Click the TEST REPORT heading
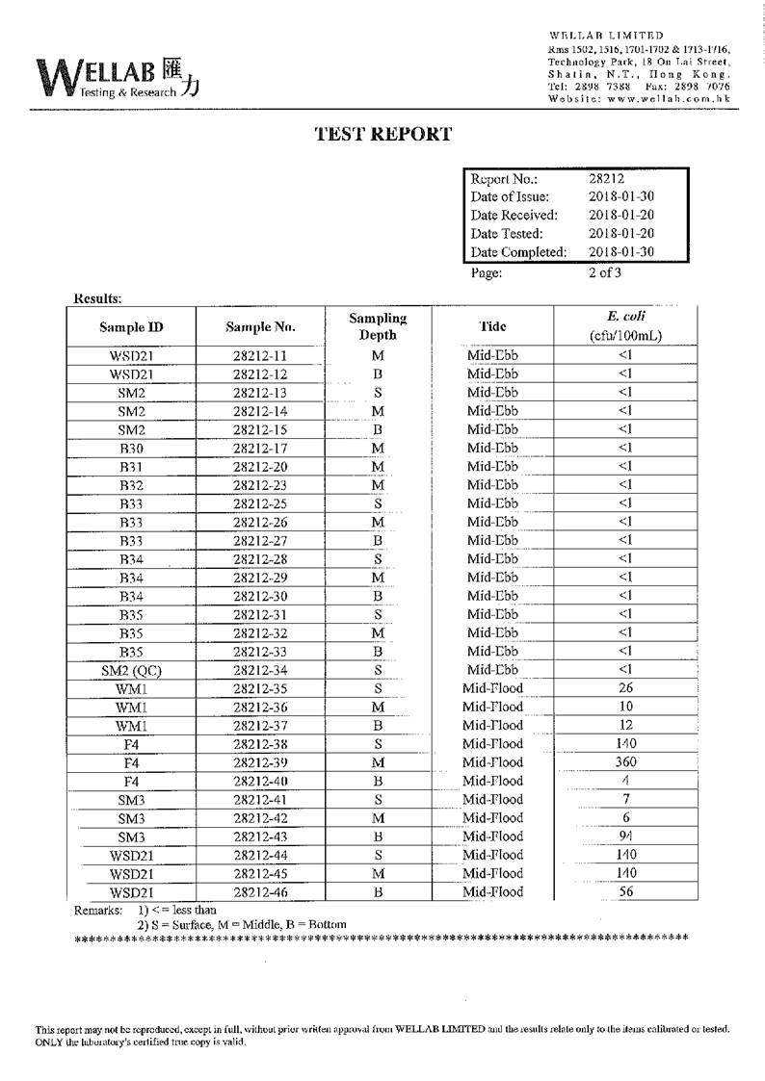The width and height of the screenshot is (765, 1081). pos(383,135)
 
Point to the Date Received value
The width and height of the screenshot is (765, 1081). pos(621,215)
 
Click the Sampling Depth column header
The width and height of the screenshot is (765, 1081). pos(378,326)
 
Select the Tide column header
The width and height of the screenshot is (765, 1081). pos(492,326)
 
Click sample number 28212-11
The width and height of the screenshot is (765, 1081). pos(260,355)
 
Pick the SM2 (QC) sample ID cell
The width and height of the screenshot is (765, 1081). pos(131,670)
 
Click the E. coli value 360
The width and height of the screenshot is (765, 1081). pos(626,762)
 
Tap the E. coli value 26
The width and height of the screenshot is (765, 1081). pos(626,688)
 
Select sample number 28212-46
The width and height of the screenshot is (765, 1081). pos(260,892)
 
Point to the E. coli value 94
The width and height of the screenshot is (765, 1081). pos(626,836)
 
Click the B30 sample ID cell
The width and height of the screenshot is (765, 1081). pos(131,448)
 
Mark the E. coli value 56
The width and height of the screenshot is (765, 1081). pos(626,892)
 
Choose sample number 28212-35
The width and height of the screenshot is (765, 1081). pos(260,688)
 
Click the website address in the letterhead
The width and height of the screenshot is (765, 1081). pos(639,98)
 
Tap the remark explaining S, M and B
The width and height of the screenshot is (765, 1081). pos(242,924)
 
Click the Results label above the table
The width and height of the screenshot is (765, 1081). pos(97,298)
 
